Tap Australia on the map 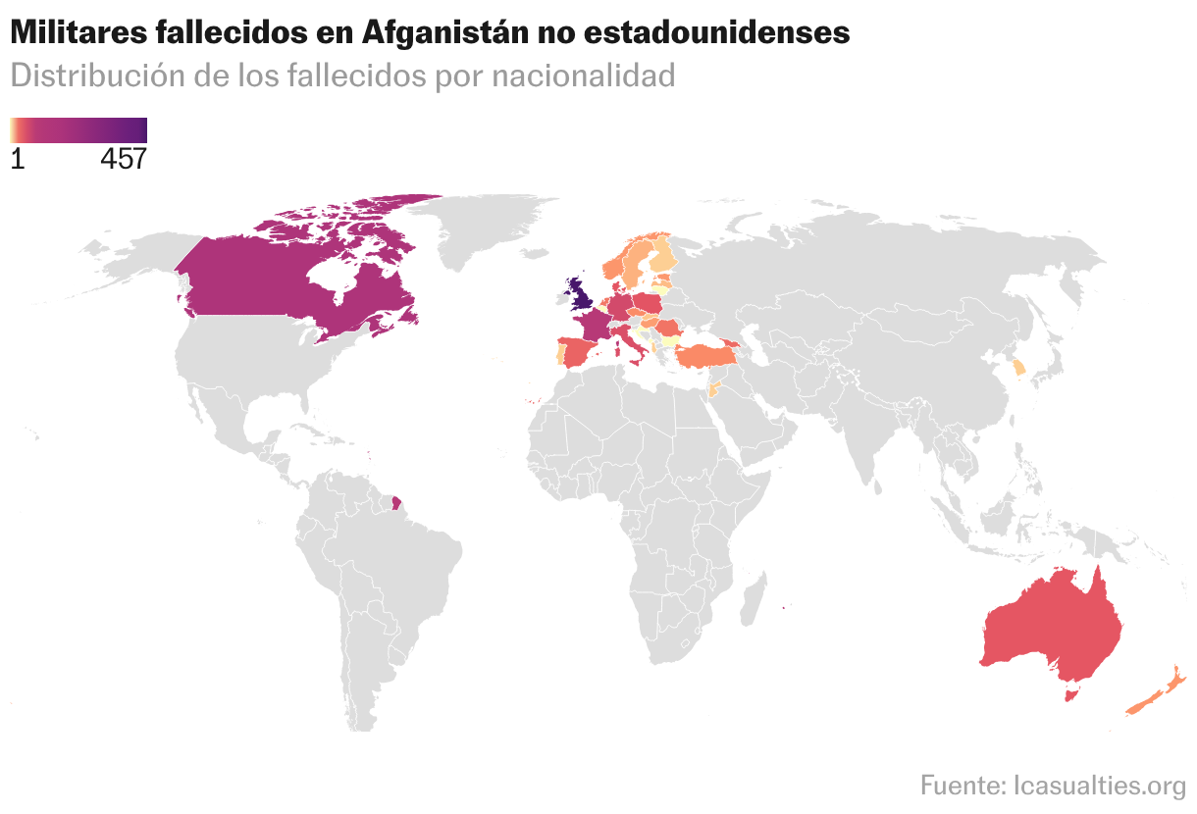coord(1055,628)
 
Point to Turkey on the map coord(706,356)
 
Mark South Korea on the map coord(1019,368)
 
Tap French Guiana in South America coord(395,503)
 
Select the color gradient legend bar coord(78,129)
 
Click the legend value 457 coord(123,159)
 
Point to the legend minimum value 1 coord(17,159)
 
